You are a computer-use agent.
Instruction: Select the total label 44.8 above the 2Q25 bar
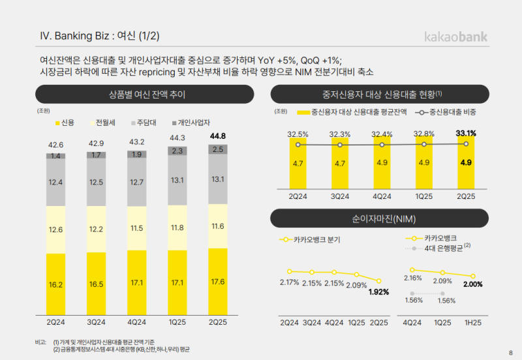click(218, 136)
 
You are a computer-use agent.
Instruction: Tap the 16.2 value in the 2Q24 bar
click(55, 285)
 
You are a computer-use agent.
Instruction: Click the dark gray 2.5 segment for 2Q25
click(218, 150)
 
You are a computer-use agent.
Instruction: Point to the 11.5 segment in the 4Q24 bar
click(137, 228)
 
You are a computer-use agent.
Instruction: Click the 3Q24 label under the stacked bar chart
click(97, 322)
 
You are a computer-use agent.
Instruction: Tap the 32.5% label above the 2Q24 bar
click(298, 135)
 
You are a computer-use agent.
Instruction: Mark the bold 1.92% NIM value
click(378, 292)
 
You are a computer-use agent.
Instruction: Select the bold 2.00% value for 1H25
click(472, 284)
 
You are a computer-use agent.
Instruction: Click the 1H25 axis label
click(473, 322)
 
